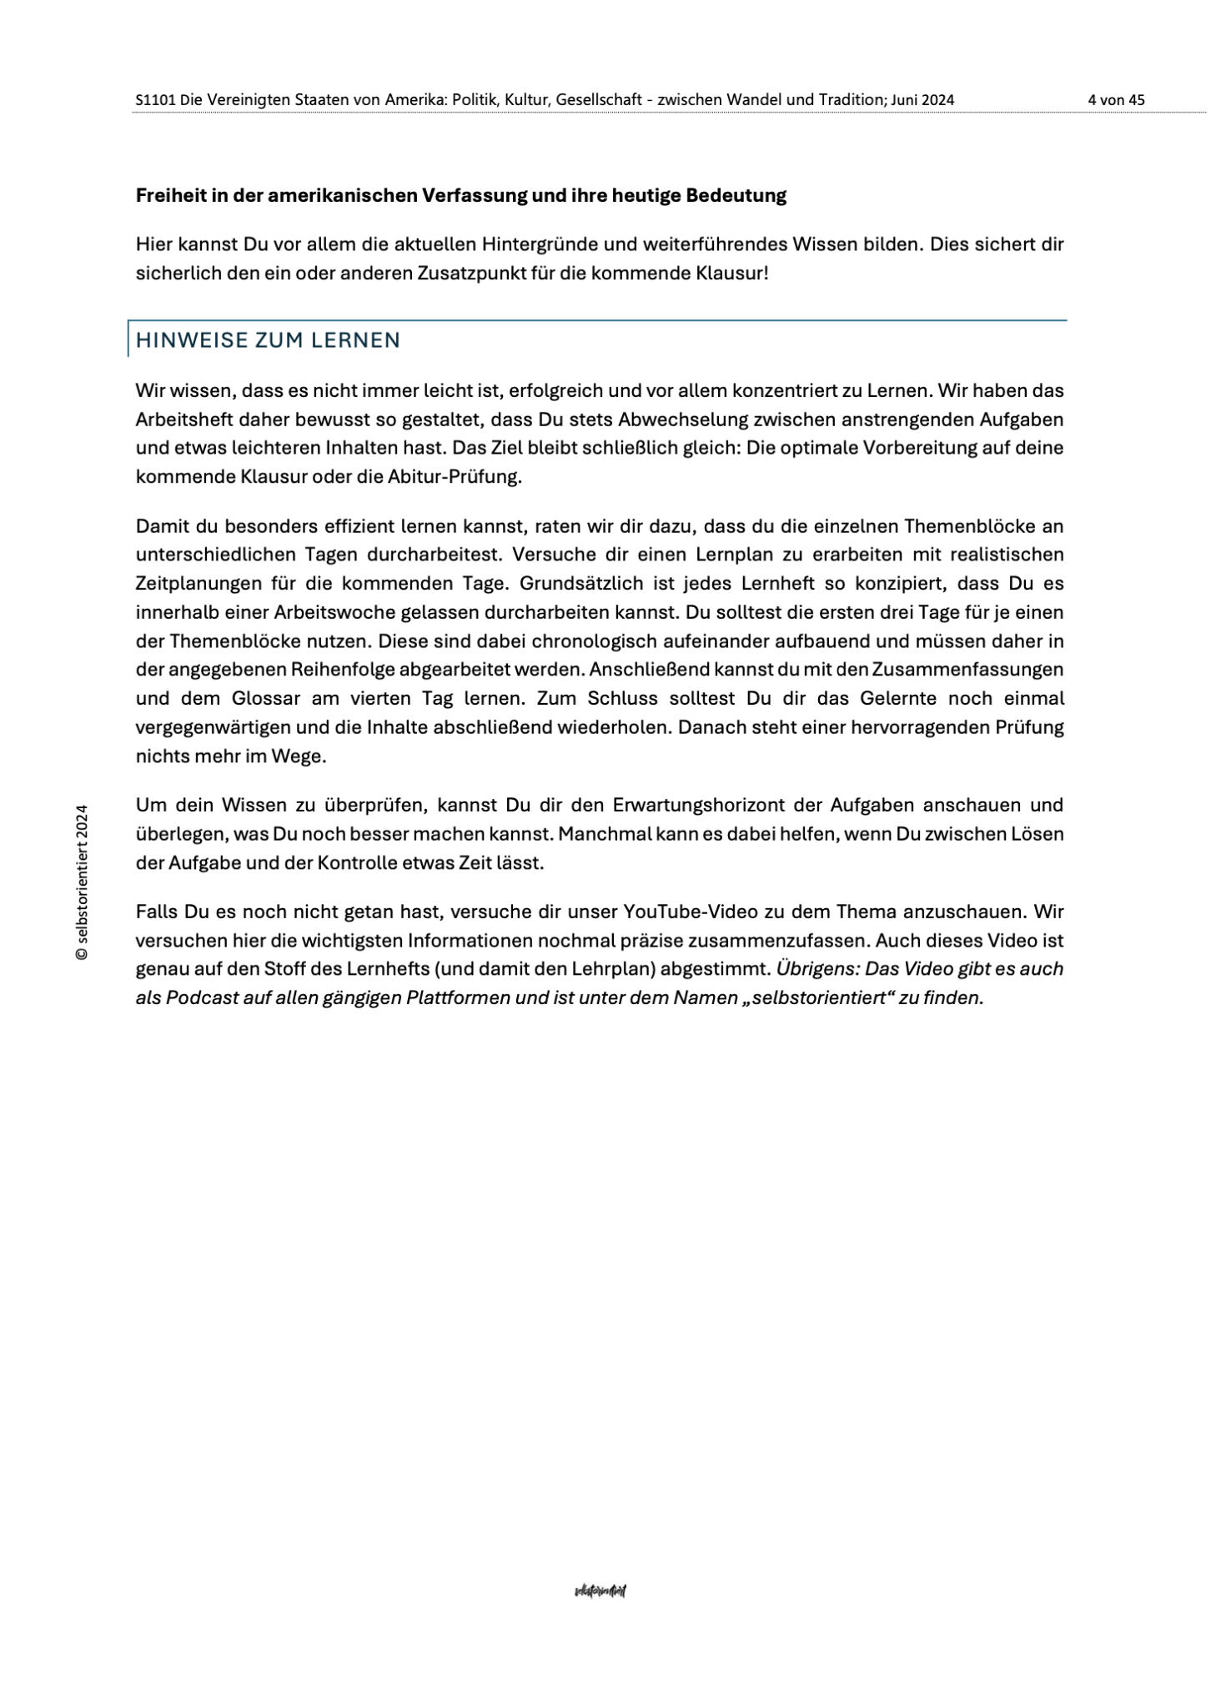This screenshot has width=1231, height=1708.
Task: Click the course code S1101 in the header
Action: (156, 100)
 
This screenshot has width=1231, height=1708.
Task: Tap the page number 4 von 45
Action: (1116, 100)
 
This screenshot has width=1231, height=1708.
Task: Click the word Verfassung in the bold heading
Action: (475, 196)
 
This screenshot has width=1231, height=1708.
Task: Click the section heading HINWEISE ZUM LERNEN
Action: (268, 340)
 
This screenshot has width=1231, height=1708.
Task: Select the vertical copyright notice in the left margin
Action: (82, 882)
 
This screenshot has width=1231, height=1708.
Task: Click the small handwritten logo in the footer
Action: (600, 1590)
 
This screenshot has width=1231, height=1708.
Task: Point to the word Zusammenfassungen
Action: (967, 670)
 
